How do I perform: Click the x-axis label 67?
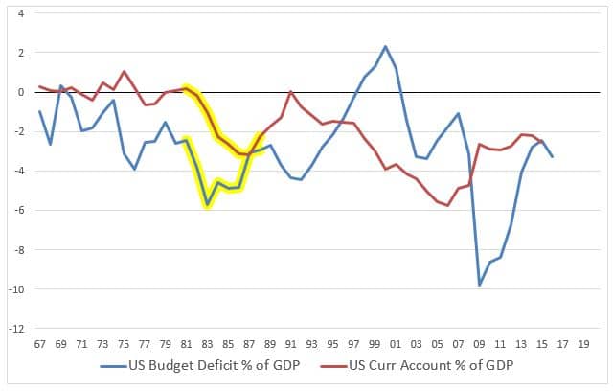click(x=39, y=342)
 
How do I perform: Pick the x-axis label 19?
click(x=584, y=342)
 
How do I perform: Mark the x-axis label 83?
click(x=207, y=342)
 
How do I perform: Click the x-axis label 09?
click(x=480, y=342)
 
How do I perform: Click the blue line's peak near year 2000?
click(x=385, y=46)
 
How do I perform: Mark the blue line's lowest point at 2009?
click(x=480, y=285)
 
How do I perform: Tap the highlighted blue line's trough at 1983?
click(x=207, y=205)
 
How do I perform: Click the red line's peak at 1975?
click(x=124, y=72)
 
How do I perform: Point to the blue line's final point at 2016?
click(x=553, y=156)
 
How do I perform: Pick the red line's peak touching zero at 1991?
click(x=290, y=92)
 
